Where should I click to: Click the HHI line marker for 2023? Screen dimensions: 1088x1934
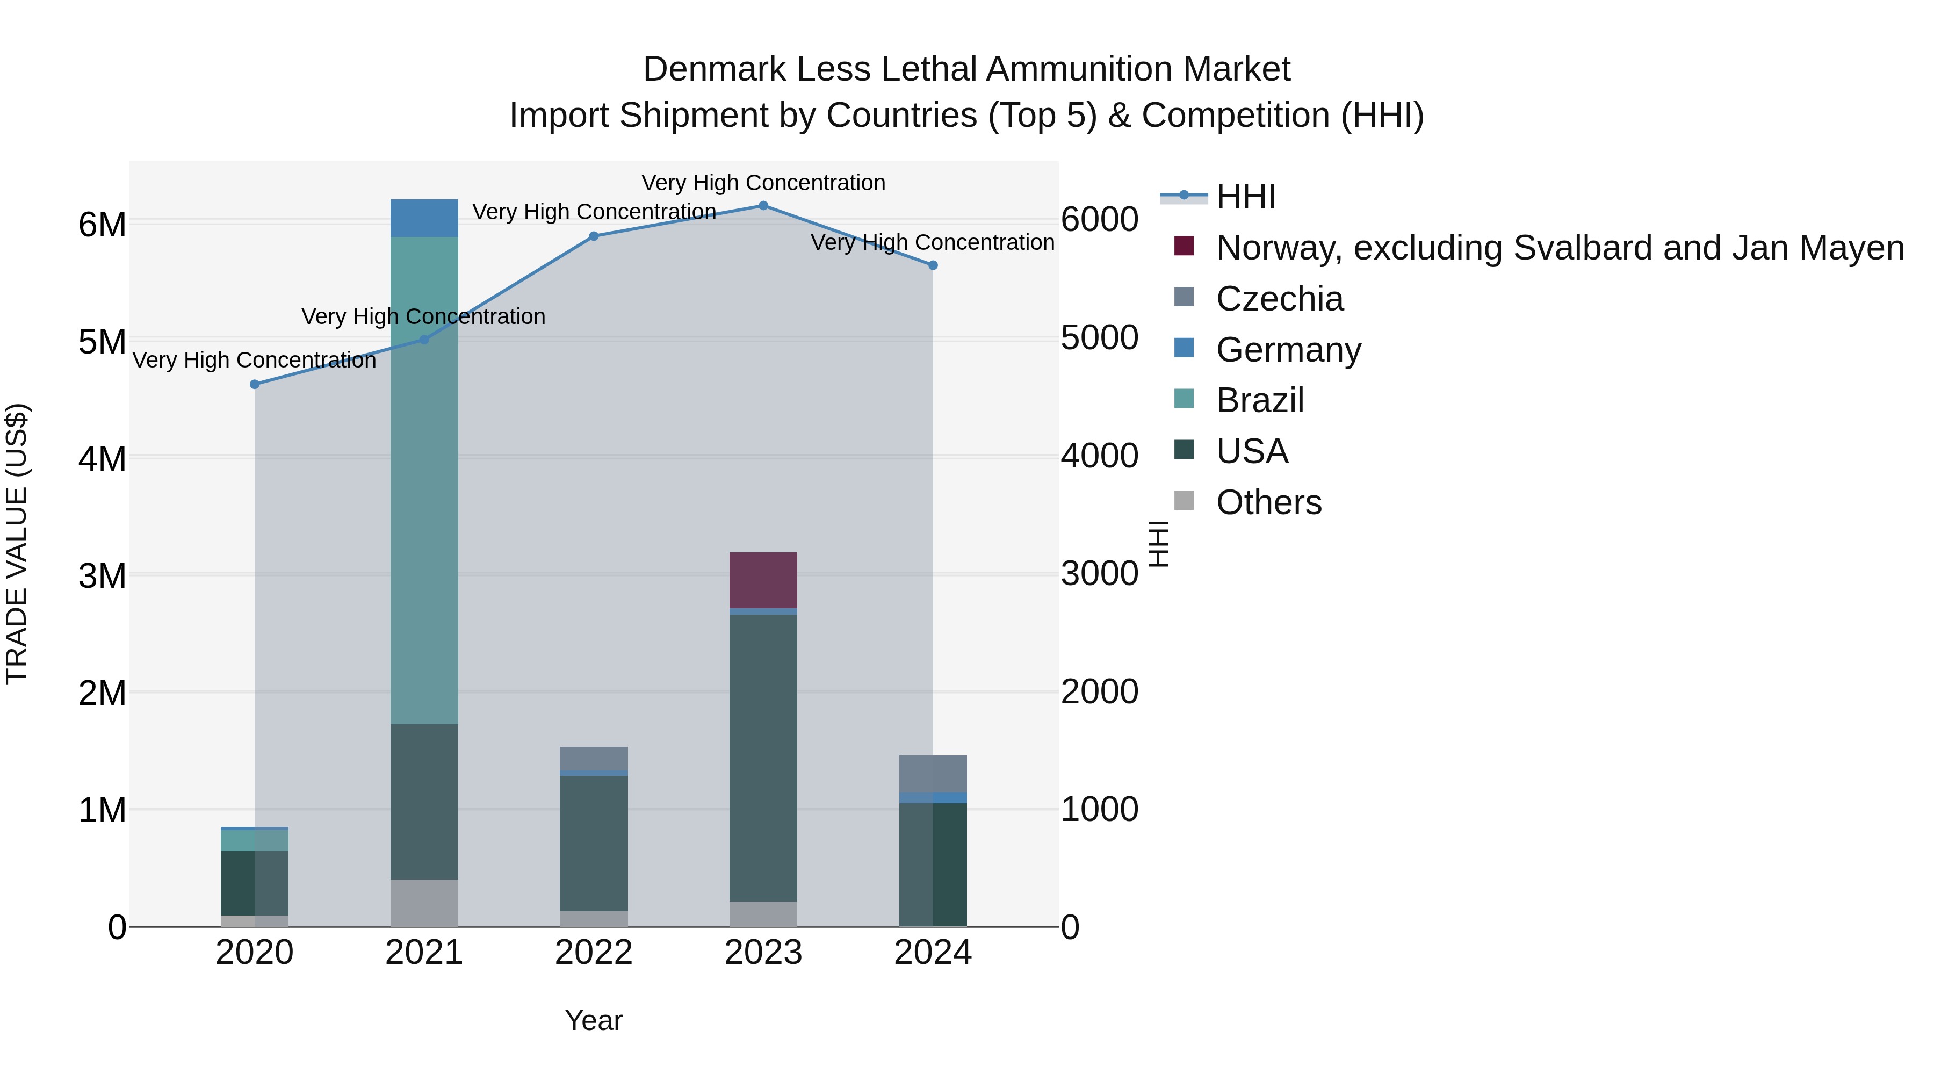(x=763, y=206)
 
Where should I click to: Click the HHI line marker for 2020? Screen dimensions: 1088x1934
(x=255, y=385)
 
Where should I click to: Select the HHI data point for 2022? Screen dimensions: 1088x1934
(x=594, y=236)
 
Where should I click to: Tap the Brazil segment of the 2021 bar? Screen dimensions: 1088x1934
(x=424, y=480)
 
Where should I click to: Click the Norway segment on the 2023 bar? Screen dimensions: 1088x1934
(x=763, y=580)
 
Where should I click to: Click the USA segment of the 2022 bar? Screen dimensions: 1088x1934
(x=594, y=843)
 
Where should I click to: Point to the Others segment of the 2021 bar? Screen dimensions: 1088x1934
(x=424, y=903)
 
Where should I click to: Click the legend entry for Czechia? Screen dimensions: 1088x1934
(x=1279, y=299)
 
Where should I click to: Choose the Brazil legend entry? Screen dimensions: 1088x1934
(x=1260, y=400)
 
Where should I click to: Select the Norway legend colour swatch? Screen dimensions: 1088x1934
(x=1184, y=246)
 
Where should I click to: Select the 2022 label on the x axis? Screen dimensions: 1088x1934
(x=594, y=953)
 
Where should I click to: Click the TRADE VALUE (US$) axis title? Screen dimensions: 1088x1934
(x=17, y=544)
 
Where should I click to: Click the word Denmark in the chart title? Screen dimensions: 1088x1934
(x=713, y=69)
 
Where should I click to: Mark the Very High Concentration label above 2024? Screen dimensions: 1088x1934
(x=933, y=242)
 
